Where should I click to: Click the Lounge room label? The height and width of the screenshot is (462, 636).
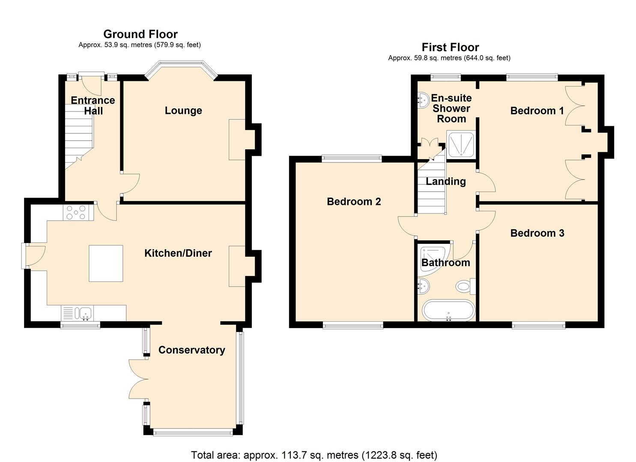(183, 110)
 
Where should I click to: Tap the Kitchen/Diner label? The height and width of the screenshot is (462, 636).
(178, 253)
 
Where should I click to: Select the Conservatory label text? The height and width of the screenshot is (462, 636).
(191, 350)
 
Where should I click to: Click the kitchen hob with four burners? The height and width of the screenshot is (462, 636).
(78, 213)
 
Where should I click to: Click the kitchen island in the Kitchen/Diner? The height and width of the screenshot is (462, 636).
(106, 263)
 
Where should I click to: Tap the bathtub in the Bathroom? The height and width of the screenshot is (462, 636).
(448, 311)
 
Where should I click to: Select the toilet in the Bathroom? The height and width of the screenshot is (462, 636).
(465, 286)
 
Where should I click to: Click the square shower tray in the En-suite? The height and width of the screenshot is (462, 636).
(460, 144)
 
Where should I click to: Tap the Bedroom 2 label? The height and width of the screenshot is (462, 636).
(354, 201)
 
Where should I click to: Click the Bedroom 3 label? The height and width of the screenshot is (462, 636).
(537, 233)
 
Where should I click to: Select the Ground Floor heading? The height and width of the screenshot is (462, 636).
(140, 34)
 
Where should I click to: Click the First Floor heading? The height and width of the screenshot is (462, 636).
(450, 47)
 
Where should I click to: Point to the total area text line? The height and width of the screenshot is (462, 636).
(314, 455)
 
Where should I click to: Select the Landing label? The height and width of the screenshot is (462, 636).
(445, 181)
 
